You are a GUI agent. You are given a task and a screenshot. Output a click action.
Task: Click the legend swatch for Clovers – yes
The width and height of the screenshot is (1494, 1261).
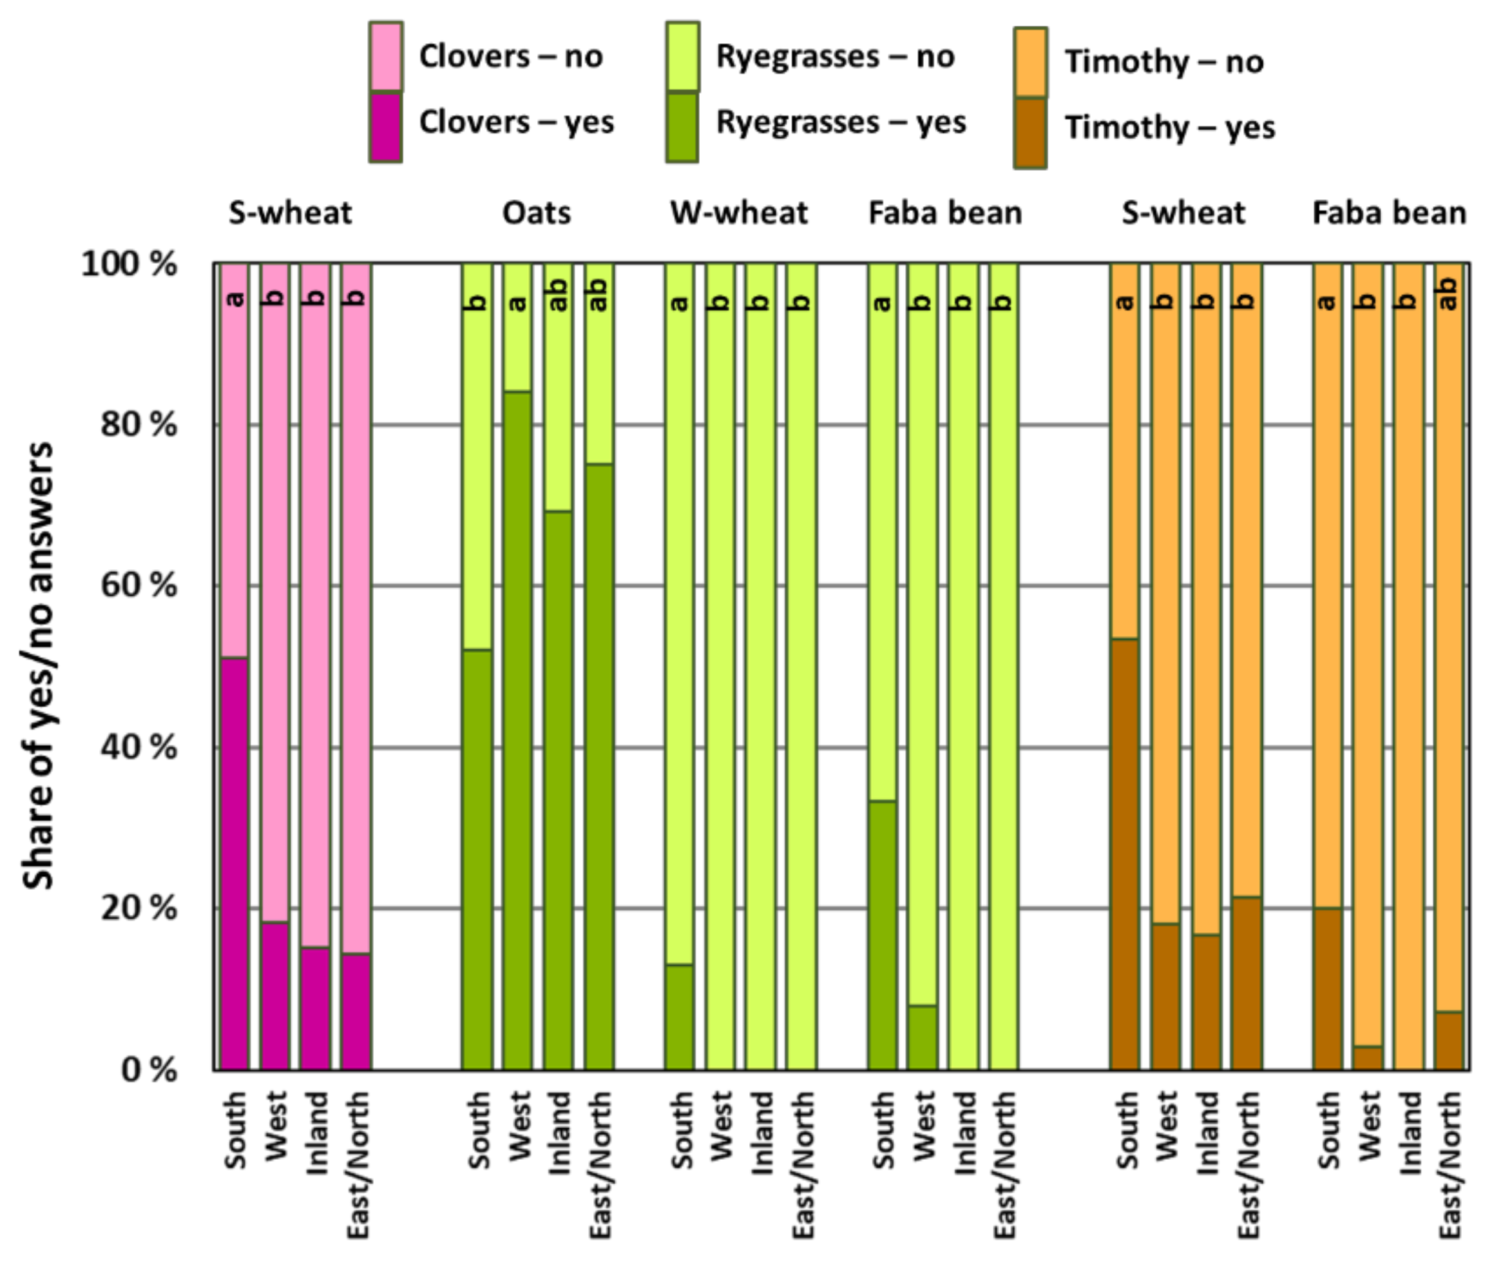(385, 127)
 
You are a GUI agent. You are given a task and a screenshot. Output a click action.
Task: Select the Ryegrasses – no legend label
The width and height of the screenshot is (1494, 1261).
(834, 57)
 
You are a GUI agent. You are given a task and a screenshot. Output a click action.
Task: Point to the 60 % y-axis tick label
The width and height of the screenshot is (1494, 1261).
(138, 585)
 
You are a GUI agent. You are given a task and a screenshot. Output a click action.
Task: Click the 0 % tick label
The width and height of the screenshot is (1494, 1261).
(149, 1070)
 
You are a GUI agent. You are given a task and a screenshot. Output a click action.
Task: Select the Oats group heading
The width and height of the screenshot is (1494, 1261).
(536, 213)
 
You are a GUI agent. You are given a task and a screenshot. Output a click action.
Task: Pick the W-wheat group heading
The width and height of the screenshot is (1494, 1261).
(739, 213)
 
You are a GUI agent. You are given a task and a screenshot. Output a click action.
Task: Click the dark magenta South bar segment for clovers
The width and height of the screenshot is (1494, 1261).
(234, 863)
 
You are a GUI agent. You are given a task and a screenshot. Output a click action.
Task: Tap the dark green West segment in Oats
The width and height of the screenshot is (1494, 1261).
(517, 730)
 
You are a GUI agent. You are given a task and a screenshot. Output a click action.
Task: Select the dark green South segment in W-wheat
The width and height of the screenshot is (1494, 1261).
(680, 1017)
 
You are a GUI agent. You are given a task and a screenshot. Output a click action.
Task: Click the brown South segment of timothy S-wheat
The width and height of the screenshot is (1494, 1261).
(1124, 854)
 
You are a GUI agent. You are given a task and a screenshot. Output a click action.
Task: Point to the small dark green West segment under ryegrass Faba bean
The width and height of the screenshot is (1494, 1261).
(923, 1037)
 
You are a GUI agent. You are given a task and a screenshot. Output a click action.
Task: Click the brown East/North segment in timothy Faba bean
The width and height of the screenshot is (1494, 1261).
(1449, 1041)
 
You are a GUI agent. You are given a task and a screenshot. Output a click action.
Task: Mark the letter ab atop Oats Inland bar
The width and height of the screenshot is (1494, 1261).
(558, 295)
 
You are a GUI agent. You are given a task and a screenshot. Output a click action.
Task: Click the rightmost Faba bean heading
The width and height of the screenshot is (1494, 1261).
(1389, 213)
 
